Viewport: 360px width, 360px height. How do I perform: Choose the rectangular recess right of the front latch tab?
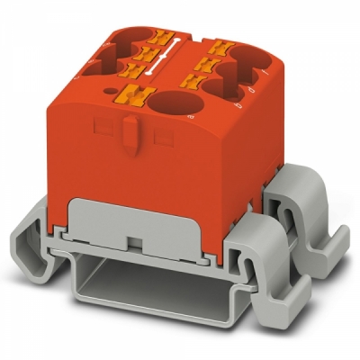pos(164,136)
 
